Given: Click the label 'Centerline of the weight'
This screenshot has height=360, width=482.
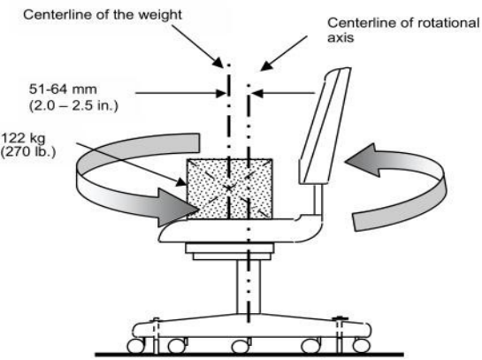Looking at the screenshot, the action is (x=103, y=15).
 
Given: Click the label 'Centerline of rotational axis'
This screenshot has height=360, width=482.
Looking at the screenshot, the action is (x=403, y=30).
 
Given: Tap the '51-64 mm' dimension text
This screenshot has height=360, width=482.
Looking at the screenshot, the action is (x=63, y=89).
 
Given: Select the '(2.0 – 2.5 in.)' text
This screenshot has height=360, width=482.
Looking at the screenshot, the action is (x=73, y=106).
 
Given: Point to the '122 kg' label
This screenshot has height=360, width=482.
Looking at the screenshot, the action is (x=23, y=138).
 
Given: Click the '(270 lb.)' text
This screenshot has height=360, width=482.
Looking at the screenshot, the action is (x=28, y=152).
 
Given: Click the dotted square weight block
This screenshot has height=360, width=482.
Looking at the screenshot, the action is (x=230, y=188).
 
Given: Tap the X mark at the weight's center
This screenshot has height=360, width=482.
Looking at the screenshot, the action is (x=229, y=188).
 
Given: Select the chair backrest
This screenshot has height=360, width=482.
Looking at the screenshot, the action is (x=325, y=126).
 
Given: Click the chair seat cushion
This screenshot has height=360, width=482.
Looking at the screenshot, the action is (x=241, y=230).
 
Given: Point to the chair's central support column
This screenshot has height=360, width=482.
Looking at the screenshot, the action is (x=249, y=287).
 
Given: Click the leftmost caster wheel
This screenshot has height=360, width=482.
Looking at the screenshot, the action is (x=136, y=346).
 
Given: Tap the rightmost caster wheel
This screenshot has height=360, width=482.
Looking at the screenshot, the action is (x=361, y=346).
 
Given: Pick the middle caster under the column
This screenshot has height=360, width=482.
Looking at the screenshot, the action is (x=241, y=346).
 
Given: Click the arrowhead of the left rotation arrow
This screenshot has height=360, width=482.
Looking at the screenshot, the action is (x=179, y=208).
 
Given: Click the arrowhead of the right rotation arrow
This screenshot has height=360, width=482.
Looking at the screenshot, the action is (x=363, y=160).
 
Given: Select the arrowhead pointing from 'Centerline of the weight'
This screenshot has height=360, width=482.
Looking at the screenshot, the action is (x=218, y=63).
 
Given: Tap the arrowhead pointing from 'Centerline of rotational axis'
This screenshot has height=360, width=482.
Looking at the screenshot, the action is (x=266, y=66).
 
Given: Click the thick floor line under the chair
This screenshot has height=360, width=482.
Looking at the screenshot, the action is (x=249, y=355).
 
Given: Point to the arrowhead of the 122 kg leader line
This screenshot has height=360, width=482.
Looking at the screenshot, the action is (x=181, y=183).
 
